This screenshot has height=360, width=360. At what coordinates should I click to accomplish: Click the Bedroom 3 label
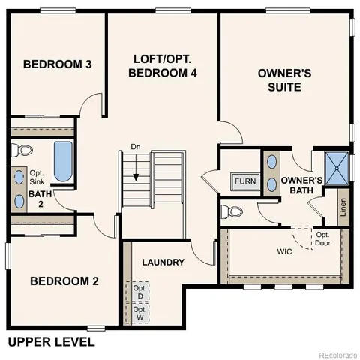[x=57, y=64]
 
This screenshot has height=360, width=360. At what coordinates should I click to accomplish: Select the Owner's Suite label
[x=279, y=79]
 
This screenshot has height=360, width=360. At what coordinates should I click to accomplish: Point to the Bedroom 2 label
[x=64, y=281]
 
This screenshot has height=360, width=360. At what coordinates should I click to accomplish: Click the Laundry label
[x=163, y=262]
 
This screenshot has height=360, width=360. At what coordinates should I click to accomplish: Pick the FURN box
[x=244, y=181]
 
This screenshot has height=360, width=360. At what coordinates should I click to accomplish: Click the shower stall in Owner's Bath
[x=337, y=167]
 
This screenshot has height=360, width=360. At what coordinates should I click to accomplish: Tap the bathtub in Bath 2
[x=62, y=160]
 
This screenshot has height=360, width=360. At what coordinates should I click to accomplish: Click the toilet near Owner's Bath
[x=235, y=211]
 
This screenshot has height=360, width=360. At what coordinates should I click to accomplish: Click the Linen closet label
[x=343, y=202]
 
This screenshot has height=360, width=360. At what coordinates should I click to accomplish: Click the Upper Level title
[x=51, y=342]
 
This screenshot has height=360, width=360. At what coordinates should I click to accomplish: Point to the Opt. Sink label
[x=37, y=178]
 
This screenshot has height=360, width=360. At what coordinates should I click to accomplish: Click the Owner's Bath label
[x=301, y=185]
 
